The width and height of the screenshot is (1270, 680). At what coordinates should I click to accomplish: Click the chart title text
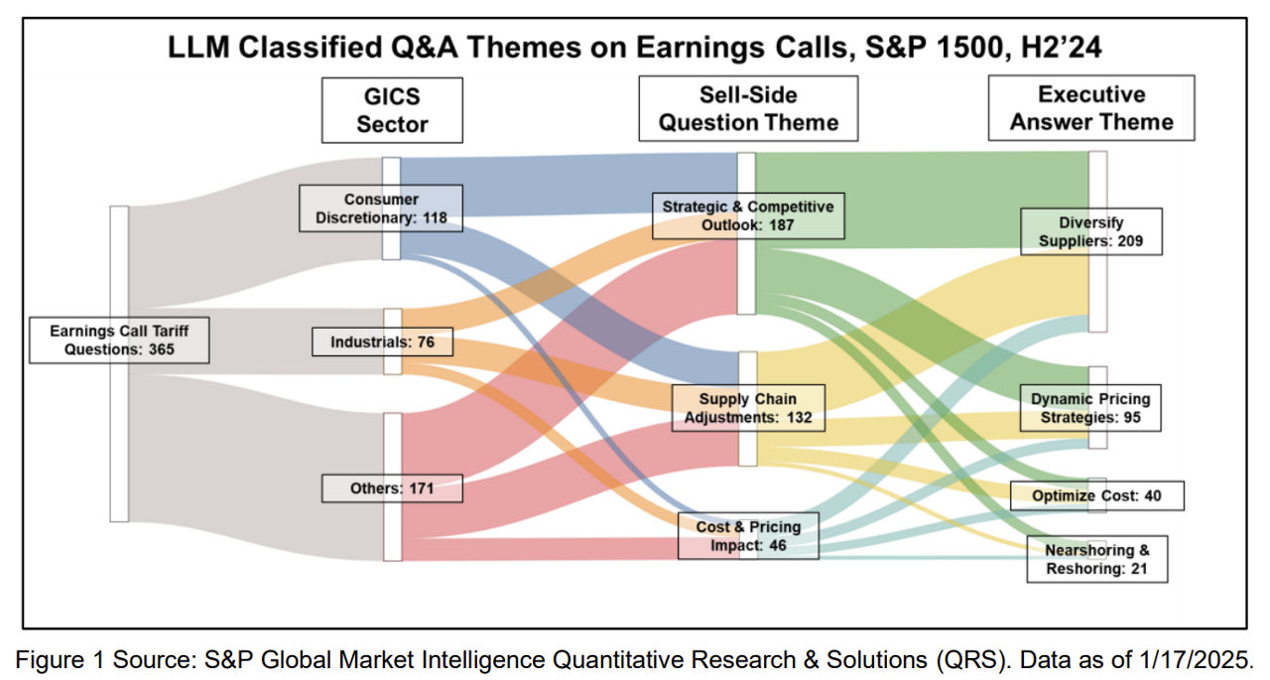click(634, 47)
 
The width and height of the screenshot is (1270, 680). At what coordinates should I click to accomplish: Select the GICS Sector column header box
click(392, 110)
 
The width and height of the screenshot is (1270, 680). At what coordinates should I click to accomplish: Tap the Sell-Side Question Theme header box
click(748, 108)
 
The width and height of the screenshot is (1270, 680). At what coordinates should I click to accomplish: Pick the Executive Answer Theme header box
click(1091, 108)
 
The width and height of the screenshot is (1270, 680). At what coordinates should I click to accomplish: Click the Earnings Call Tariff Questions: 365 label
click(119, 340)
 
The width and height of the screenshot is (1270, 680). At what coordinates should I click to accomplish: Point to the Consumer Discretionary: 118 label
click(381, 208)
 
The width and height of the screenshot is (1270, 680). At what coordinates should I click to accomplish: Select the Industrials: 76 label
click(383, 341)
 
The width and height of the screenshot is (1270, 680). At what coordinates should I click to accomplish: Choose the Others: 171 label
click(392, 488)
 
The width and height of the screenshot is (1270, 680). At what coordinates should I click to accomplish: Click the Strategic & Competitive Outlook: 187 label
click(748, 215)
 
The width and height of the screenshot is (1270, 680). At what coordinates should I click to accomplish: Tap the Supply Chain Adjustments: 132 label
click(748, 408)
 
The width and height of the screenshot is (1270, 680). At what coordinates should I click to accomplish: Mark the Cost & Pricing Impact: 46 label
click(748, 536)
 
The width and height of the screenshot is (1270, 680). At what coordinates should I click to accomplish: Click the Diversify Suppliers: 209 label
click(1091, 231)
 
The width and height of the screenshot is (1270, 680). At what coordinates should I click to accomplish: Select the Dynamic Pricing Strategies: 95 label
click(1090, 408)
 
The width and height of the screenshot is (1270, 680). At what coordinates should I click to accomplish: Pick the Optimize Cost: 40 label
click(1097, 495)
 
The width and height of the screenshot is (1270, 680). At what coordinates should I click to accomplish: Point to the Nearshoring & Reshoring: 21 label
click(1097, 559)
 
